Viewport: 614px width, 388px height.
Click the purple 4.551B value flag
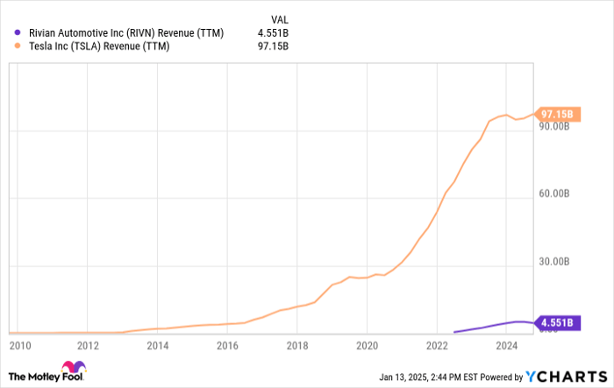point(557,322)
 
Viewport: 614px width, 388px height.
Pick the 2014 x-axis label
point(157,345)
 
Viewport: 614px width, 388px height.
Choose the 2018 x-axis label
point(297,345)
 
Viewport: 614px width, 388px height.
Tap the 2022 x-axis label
point(437,345)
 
